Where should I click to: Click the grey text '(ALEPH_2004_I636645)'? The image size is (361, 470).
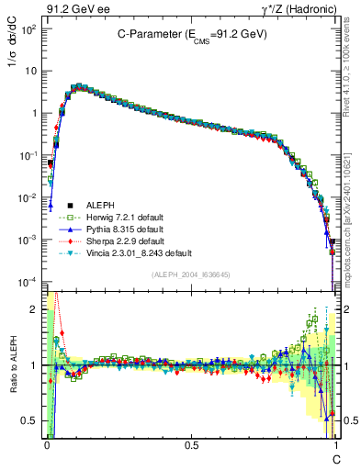click(x=191, y=274)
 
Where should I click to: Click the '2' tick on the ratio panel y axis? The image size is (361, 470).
click(x=35, y=309)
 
